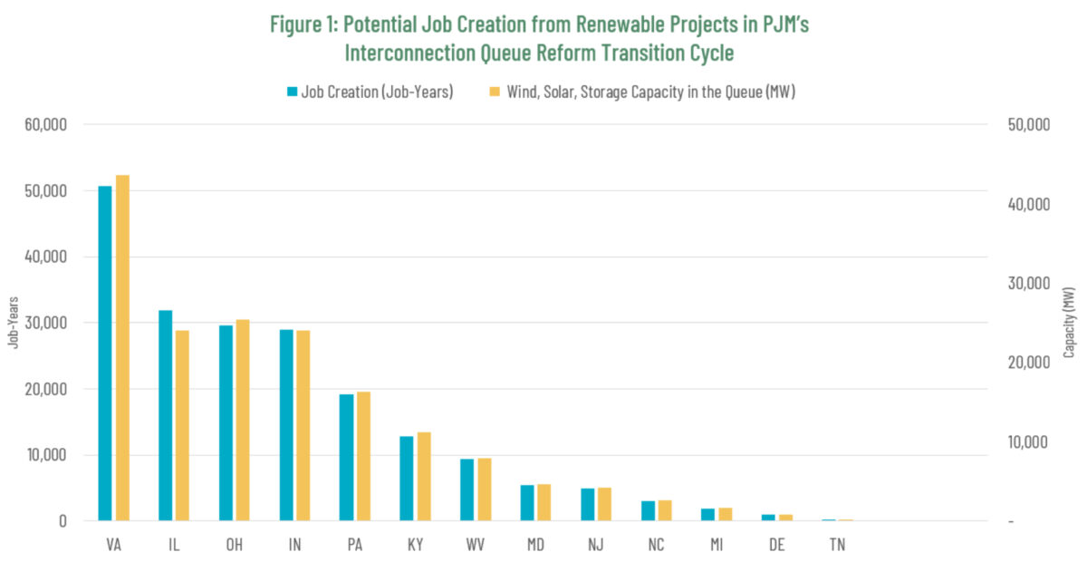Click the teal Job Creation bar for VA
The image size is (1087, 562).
pyautogui.click(x=105, y=354)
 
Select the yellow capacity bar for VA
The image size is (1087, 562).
pyautogui.click(x=122, y=348)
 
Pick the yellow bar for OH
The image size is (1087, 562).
pyautogui.click(x=243, y=421)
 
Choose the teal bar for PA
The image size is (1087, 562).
pyautogui.click(x=346, y=458)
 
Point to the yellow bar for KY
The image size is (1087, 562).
pyautogui.click(x=424, y=477)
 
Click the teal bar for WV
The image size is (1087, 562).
pyautogui.click(x=467, y=489)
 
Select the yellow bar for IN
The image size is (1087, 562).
pyautogui.click(x=303, y=426)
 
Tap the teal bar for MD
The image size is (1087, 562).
pyautogui.click(x=527, y=503)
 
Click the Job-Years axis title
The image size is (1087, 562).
pyautogui.click(x=13, y=323)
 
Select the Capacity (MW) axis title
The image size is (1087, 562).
pyautogui.click(x=1070, y=323)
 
